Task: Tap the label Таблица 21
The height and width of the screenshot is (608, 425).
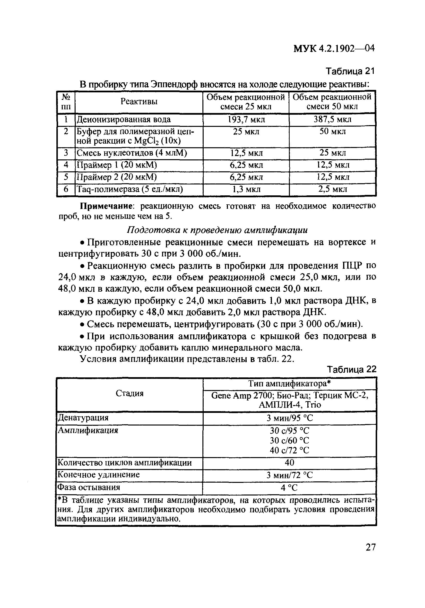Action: (x=350, y=71)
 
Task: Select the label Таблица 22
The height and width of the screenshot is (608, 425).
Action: (x=351, y=369)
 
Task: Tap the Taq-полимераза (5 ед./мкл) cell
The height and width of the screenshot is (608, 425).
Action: (x=130, y=189)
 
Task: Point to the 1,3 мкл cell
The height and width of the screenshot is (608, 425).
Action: (x=246, y=189)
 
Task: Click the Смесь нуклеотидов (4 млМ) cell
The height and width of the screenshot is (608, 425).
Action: (x=132, y=153)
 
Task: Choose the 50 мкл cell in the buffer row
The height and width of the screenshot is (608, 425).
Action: (x=332, y=131)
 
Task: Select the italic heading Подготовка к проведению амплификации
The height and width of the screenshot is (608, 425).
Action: (x=217, y=230)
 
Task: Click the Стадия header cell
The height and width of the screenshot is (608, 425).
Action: (x=130, y=393)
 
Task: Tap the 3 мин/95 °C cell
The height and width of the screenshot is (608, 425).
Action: (x=289, y=418)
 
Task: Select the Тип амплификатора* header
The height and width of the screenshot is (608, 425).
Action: (x=289, y=383)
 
